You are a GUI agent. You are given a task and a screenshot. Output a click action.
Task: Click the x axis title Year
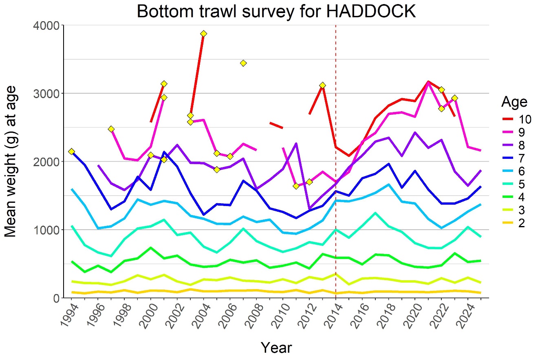(x=276, y=347)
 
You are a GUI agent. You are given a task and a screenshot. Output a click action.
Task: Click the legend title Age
(x=514, y=101)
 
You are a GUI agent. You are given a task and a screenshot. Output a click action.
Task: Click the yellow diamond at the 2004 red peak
(x=204, y=33)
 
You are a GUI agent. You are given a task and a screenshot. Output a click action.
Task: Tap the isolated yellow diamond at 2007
(x=243, y=63)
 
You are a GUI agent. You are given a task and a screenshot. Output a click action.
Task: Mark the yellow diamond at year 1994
(x=71, y=151)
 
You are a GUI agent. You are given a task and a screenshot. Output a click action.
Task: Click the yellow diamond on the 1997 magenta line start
(x=111, y=129)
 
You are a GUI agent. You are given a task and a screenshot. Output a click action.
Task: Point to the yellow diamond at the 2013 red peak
(x=322, y=85)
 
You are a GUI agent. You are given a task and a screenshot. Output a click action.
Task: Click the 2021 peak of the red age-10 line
(x=428, y=81)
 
